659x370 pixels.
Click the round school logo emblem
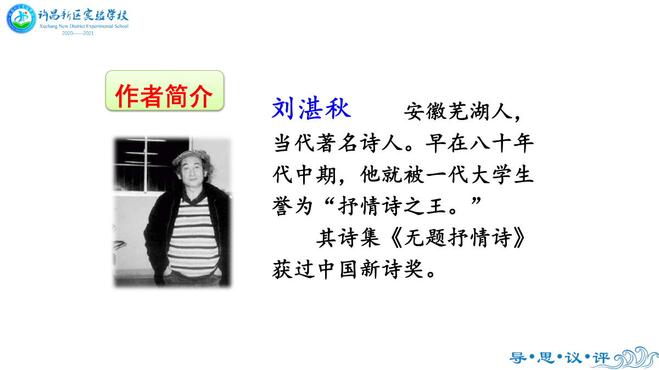[x=21, y=19]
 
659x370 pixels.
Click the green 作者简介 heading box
[x=165, y=90]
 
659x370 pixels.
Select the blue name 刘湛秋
[x=311, y=108]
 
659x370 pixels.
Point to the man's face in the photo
[x=191, y=173]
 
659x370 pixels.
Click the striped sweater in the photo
[x=193, y=238]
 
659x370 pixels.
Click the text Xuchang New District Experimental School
[x=84, y=26]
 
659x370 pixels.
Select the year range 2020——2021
[x=78, y=33]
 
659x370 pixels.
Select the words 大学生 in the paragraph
[x=502, y=175]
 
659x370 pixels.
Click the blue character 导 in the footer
[x=518, y=358]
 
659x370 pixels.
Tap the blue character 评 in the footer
[x=601, y=358]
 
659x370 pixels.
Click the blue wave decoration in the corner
[x=636, y=357]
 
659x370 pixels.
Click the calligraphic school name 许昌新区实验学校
[x=83, y=15]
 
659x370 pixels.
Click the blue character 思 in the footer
[x=546, y=358]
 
